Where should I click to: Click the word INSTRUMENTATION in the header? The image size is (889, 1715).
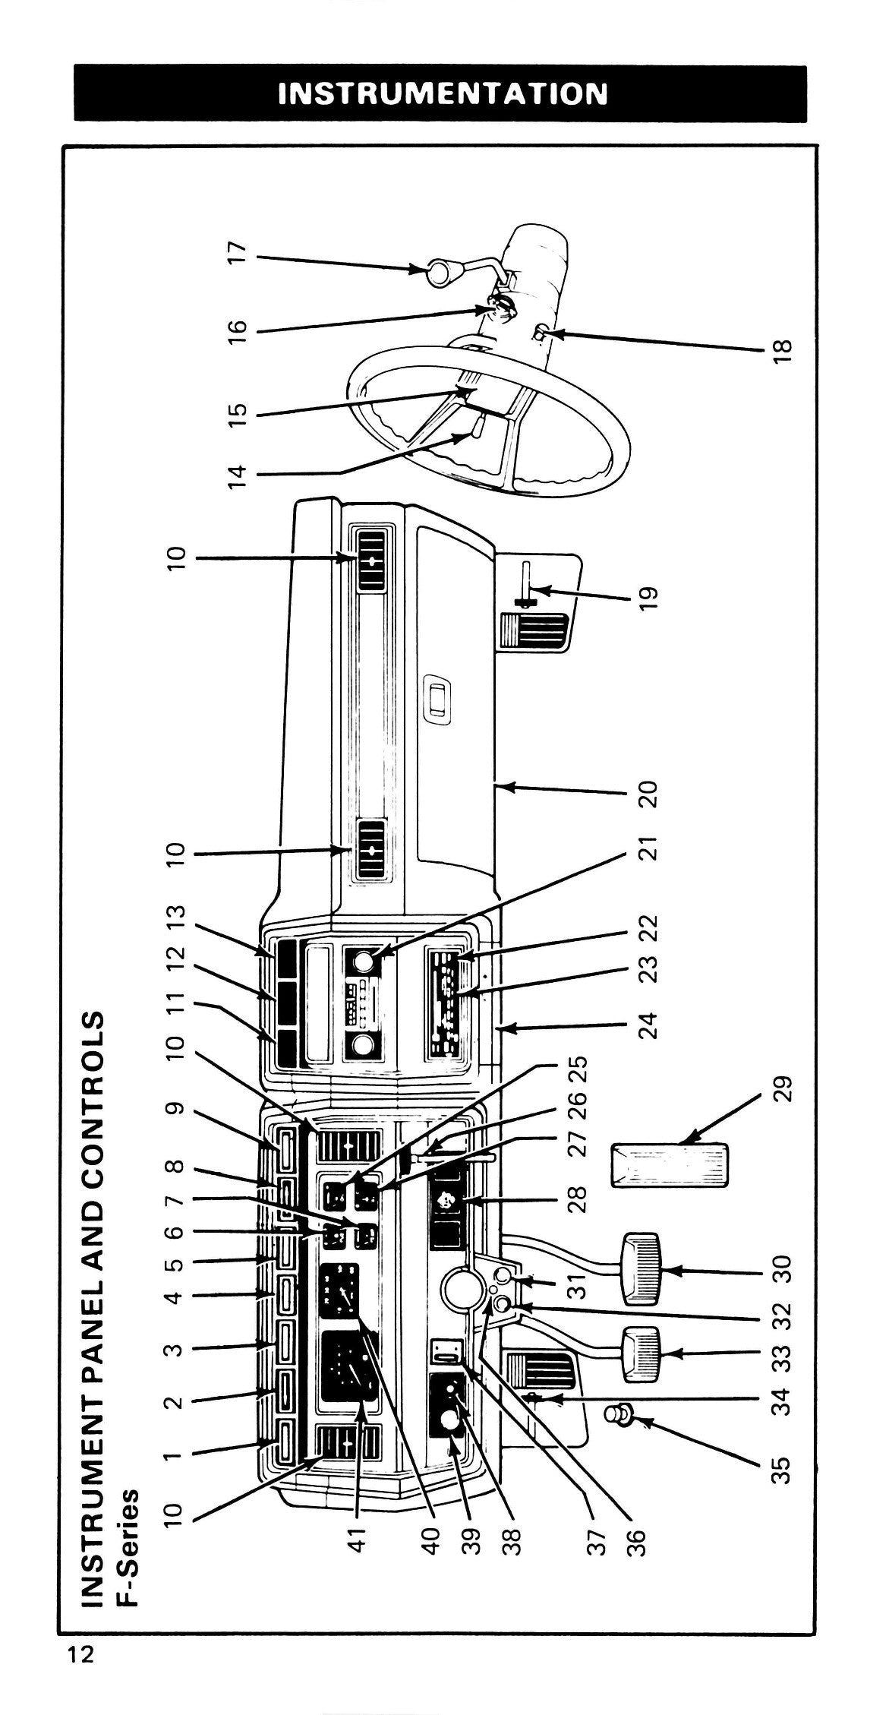coord(443,93)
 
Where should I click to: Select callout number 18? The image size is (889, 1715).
coord(784,349)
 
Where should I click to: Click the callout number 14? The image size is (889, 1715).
coord(238,475)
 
